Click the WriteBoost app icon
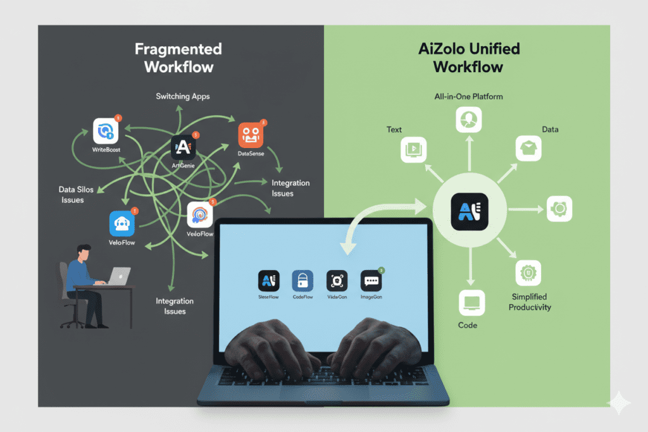tap(105, 131)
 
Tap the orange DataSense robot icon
tap(251, 135)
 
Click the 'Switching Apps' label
tap(183, 96)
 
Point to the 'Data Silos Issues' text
tap(73, 195)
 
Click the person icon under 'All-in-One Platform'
tap(469, 120)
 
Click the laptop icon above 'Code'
tap(470, 303)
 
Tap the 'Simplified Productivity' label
tap(530, 302)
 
